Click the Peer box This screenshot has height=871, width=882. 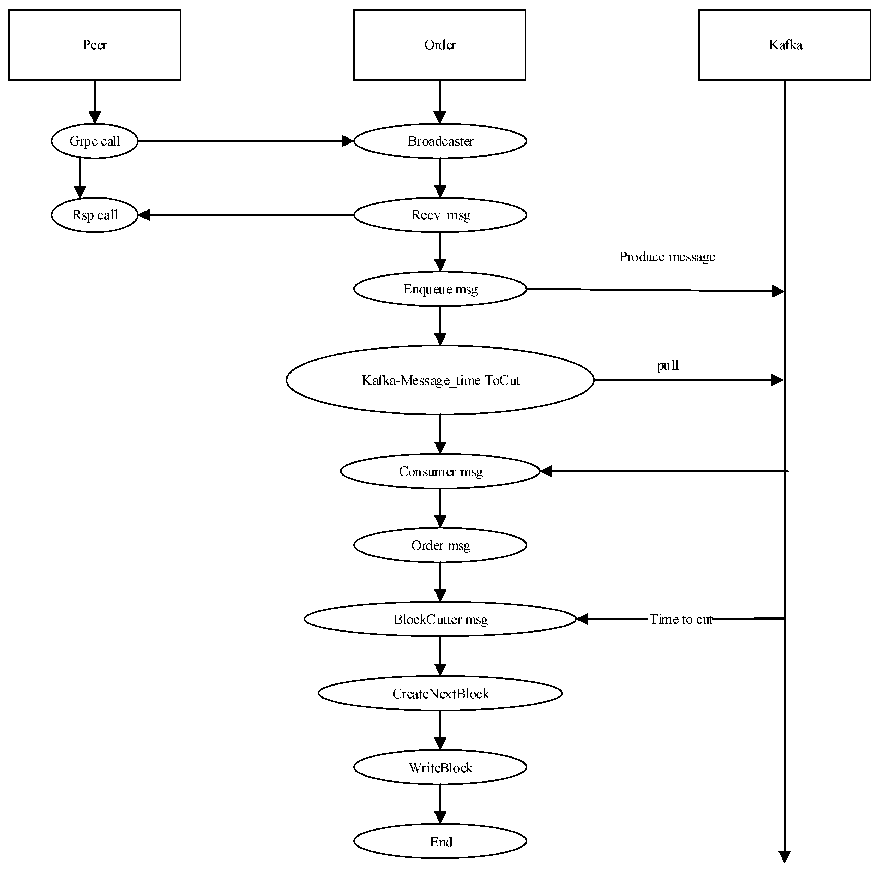coord(94,45)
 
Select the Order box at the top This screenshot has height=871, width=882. coord(440,45)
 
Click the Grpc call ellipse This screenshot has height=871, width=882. coord(94,141)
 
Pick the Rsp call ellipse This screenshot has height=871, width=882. coord(94,215)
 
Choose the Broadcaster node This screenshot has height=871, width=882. coord(440,141)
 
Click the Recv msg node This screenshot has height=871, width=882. coord(440,215)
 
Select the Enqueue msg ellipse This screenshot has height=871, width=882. coord(440,289)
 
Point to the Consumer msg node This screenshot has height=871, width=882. coord(440,471)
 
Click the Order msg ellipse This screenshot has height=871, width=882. coord(440,545)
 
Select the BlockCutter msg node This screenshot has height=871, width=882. coord(440,619)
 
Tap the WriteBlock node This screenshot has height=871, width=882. coord(440,768)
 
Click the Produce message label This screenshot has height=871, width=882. coord(667,257)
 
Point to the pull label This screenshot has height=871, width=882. coord(667,365)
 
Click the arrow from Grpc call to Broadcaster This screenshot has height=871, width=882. coord(242,141)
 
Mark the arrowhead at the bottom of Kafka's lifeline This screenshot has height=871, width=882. coord(784,857)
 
